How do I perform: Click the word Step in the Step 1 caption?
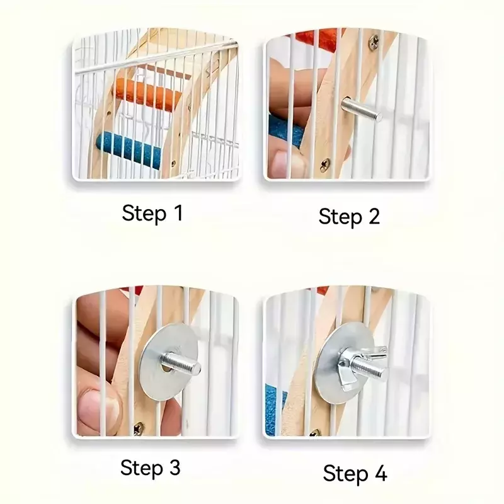tap(144, 214)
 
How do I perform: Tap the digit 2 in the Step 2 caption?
tap(374, 216)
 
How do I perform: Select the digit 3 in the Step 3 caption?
tap(174, 467)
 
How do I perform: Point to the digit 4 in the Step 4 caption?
tap(381, 473)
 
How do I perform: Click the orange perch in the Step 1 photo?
tap(148, 93)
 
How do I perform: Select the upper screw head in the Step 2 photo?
tap(374, 40)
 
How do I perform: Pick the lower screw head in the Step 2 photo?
tap(324, 165)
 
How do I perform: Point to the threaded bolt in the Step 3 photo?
tap(180, 364)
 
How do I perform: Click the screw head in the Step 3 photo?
tap(139, 428)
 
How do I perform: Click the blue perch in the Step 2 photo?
tap(285, 132)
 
